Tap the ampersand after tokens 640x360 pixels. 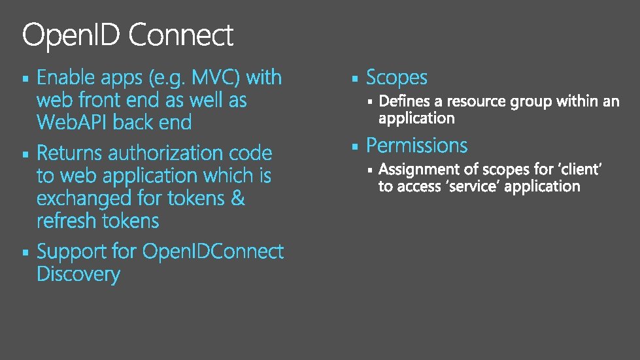[238, 198]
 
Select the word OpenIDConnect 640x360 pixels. [212, 252]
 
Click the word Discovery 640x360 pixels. [78, 274]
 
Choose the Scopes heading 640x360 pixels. [396, 78]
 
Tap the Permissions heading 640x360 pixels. [416, 145]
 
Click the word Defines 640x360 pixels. [405, 101]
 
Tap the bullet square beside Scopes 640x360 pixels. [354, 79]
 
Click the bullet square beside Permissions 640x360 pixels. [354, 146]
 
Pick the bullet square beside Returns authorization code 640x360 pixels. [25, 155]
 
